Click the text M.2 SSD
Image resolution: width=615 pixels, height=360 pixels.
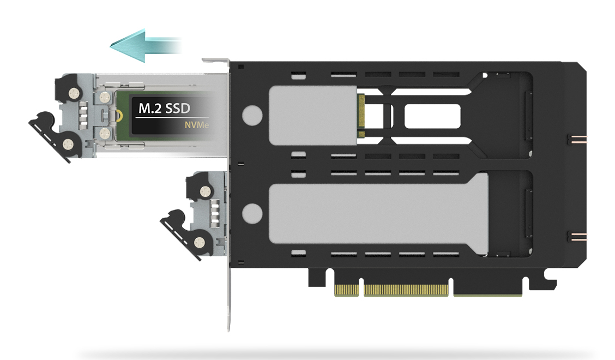point(164,109)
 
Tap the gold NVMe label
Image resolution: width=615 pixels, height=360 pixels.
point(197,125)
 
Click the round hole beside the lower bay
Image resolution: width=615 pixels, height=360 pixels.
point(252,214)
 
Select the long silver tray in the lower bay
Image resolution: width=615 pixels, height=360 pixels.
point(378,214)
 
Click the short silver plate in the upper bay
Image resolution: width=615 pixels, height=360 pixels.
point(313,116)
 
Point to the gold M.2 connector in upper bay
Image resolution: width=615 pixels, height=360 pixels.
point(361,116)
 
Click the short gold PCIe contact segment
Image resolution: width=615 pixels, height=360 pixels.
point(346,291)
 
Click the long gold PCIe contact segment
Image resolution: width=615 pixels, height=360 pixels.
point(406,291)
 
